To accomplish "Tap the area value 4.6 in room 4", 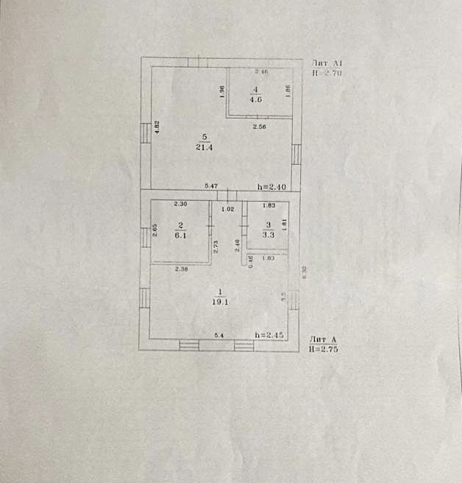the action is pyautogui.click(x=256, y=101).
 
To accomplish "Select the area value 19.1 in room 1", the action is pyautogui.click(x=218, y=300).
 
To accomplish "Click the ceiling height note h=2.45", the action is pyautogui.click(x=269, y=335).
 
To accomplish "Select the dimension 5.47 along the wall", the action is pyautogui.click(x=212, y=187).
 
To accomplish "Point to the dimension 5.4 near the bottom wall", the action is pyautogui.click(x=218, y=335).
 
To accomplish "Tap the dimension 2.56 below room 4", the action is pyautogui.click(x=259, y=128).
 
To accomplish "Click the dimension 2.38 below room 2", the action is pyautogui.click(x=182, y=269).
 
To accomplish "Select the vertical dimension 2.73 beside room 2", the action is pyautogui.click(x=215, y=247).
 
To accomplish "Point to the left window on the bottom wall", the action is pyautogui.click(x=189, y=344).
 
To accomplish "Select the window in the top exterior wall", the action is pyautogui.click(x=197, y=63).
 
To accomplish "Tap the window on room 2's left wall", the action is pyautogui.click(x=146, y=237).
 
